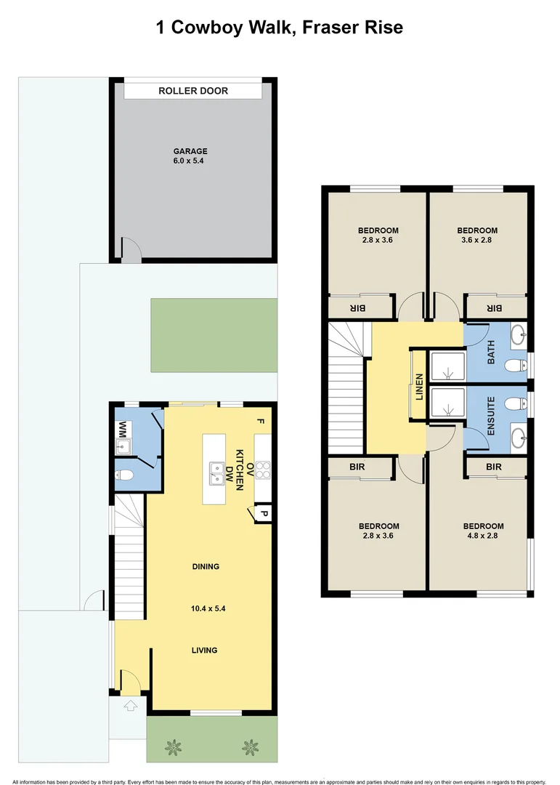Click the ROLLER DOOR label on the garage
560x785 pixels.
pyautogui.click(x=193, y=91)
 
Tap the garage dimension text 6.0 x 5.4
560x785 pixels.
pyautogui.click(x=190, y=161)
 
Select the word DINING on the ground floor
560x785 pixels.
pyautogui.click(x=206, y=566)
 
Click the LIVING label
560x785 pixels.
pyautogui.click(x=204, y=650)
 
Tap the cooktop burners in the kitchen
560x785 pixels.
pyautogui.click(x=263, y=470)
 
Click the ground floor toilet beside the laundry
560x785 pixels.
pyautogui.click(x=125, y=476)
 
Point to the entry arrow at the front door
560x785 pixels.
pyautogui.click(x=131, y=704)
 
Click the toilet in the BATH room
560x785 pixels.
pyautogui.click(x=516, y=365)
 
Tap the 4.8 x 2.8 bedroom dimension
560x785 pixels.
pyautogui.click(x=483, y=536)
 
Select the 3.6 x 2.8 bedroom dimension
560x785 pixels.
pyautogui.click(x=477, y=240)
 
